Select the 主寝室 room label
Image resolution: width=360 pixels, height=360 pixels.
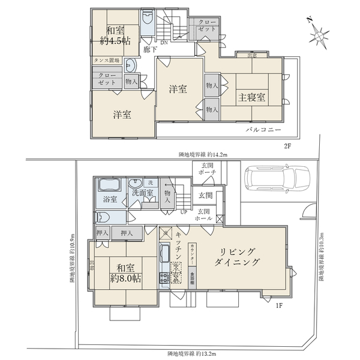pyautogui.click(x=250, y=97)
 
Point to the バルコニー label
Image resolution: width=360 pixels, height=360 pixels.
pyautogui.click(x=259, y=130)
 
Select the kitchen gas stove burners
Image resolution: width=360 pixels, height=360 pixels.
pyautogui.click(x=164, y=277)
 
